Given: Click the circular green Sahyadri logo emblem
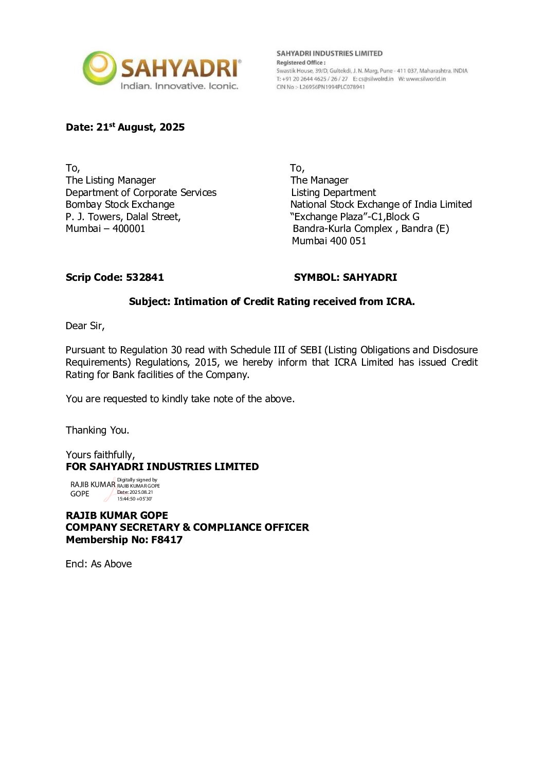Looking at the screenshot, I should (99, 68).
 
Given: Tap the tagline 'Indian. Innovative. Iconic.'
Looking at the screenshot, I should (179, 86).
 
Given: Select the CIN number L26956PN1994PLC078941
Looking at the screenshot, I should (332, 87).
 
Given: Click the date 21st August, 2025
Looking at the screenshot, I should (140, 127).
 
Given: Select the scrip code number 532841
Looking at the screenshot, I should (145, 277).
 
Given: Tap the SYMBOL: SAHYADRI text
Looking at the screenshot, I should (345, 277).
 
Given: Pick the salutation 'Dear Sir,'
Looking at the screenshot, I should (85, 326).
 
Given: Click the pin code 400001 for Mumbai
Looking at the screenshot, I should (129, 228).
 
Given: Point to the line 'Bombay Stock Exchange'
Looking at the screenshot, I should (120, 204).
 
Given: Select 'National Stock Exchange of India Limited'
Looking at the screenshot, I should (381, 204).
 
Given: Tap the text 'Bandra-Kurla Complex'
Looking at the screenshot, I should (342, 228).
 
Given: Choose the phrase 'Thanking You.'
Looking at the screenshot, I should (97, 430).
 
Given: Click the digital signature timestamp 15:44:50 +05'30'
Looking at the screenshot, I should (134, 499).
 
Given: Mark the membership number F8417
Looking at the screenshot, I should (167, 540).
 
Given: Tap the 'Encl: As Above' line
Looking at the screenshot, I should (99, 564).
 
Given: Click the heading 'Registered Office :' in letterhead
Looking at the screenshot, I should (301, 63).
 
